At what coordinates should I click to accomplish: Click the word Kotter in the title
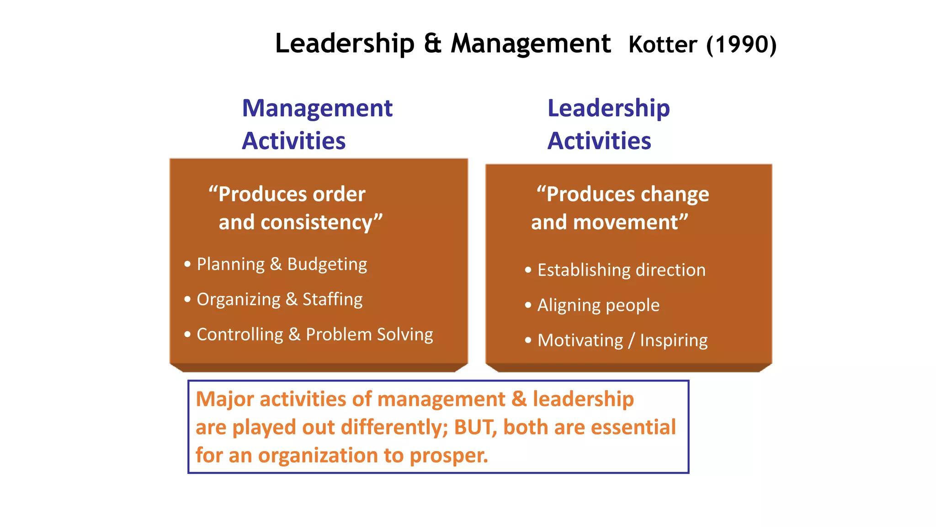[663, 45]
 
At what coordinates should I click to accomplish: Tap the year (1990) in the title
[741, 45]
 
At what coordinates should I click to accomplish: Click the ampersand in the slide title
[432, 43]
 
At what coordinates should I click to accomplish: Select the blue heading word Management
[317, 108]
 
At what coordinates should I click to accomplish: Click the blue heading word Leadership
[608, 108]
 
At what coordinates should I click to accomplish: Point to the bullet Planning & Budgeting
[282, 264]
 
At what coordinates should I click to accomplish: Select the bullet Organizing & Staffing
[279, 300]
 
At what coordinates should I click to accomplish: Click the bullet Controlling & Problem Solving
[314, 335]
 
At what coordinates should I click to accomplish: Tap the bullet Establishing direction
[621, 270]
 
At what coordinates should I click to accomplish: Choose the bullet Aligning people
[598, 306]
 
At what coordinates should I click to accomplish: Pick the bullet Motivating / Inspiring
[622, 341]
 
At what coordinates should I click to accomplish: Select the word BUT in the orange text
[474, 427]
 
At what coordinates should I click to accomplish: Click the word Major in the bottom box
[224, 399]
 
